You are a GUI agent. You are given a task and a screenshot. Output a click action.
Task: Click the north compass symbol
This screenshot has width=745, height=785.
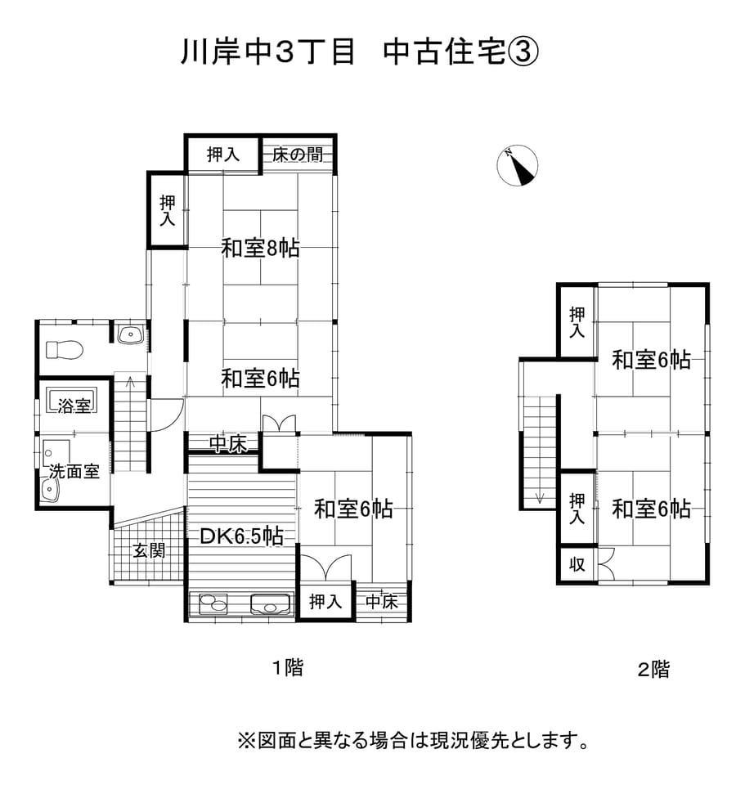point(518,166)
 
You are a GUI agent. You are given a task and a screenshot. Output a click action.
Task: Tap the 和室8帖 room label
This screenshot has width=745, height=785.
point(260,248)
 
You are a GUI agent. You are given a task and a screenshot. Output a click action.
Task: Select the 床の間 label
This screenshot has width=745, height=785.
point(297,154)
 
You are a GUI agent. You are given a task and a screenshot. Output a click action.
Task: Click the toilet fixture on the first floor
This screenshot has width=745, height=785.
point(65,349)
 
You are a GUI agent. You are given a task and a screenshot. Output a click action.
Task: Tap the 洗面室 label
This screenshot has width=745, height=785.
point(74,471)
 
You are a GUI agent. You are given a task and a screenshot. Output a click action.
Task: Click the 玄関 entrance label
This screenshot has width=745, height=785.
point(150,550)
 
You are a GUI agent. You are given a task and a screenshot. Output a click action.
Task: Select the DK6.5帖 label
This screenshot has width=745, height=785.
point(242,536)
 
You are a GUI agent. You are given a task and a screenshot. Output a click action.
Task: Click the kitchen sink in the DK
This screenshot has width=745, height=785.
point(271,604)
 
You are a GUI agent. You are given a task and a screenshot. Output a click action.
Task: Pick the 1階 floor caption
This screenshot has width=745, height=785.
point(288,667)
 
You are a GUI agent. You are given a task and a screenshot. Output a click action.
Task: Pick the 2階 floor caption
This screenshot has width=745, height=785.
point(653,670)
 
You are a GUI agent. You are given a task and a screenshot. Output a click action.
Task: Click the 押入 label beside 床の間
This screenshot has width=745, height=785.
point(222,154)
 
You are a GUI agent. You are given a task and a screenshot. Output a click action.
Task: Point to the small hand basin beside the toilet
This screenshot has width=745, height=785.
point(130,334)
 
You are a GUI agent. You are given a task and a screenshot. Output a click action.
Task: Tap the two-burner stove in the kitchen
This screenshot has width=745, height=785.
point(210,604)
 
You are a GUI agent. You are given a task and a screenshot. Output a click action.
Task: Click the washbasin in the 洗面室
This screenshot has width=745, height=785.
point(51,489)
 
